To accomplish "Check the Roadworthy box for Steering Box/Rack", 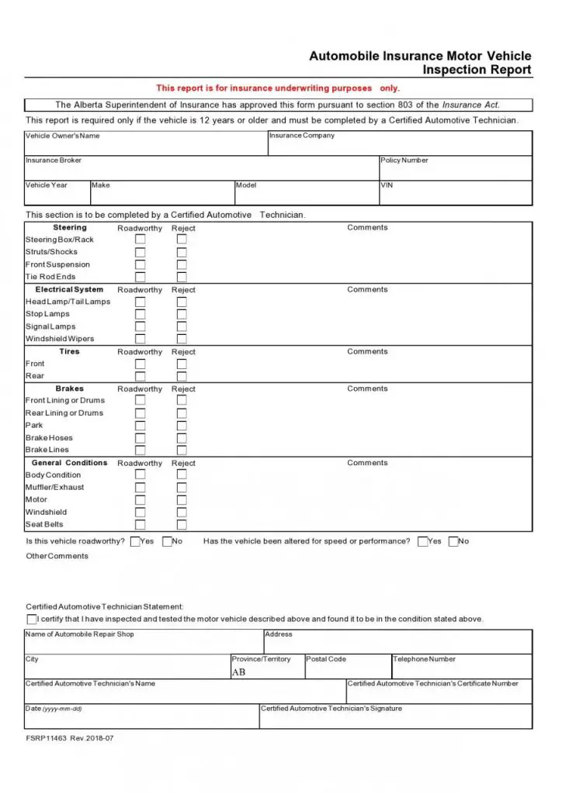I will [x=140, y=240].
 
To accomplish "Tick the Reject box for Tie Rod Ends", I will [x=182, y=277].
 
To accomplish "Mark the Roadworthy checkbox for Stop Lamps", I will [x=140, y=314].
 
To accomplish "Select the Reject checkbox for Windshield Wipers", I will [x=182, y=339].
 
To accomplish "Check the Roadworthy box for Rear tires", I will [x=140, y=376].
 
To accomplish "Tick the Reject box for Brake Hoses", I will [x=182, y=438].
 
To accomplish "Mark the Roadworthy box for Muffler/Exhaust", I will [x=140, y=488].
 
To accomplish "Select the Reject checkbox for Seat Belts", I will [x=182, y=525].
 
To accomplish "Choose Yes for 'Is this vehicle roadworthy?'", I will [x=135, y=541].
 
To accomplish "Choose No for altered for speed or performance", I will [x=453, y=541].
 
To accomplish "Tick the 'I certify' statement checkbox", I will [x=32, y=620].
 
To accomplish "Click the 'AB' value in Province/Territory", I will [x=238, y=672].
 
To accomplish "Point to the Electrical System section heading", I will [x=69, y=289].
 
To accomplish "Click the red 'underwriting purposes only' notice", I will [x=278, y=88].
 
